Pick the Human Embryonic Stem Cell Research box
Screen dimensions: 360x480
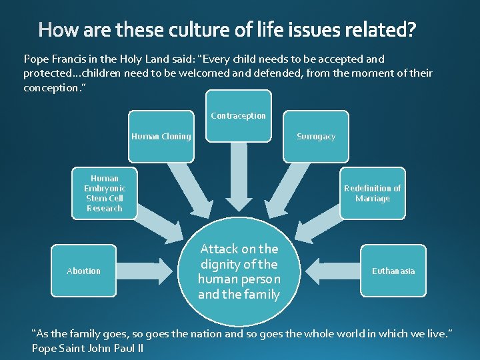[105, 193]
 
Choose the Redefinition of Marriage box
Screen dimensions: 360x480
[372, 193]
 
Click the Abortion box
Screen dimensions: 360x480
[84, 271]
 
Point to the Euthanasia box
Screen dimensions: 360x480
[393, 271]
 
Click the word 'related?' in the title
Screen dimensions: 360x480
[379, 31]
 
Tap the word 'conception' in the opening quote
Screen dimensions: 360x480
[50, 88]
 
